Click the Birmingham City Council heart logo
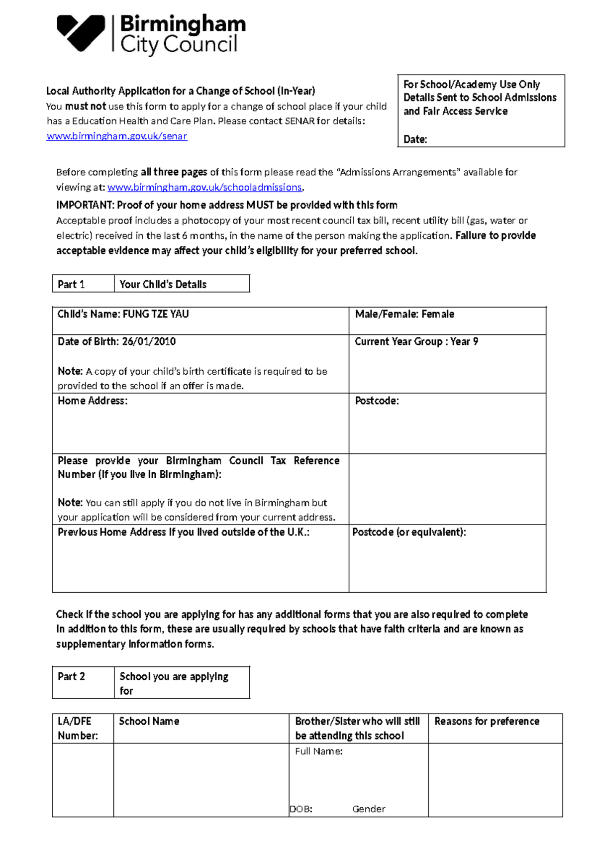tap(81, 33)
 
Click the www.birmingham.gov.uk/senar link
tap(117, 136)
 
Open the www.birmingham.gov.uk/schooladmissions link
tap(204, 187)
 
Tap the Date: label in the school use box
tap(415, 139)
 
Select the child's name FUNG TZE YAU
tap(156, 314)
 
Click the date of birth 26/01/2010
tap(149, 341)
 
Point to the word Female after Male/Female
tap(438, 314)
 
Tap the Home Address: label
tap(93, 401)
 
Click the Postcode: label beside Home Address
tap(377, 401)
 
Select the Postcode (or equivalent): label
tap(409, 532)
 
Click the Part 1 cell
tap(72, 284)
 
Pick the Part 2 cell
tap(72, 676)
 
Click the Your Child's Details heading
tap(163, 284)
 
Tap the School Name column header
tap(149, 721)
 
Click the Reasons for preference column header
tap(487, 721)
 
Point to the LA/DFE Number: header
tap(78, 728)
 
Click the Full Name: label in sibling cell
tap(318, 751)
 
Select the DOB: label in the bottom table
tap(301, 809)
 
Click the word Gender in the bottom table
tap(369, 809)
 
